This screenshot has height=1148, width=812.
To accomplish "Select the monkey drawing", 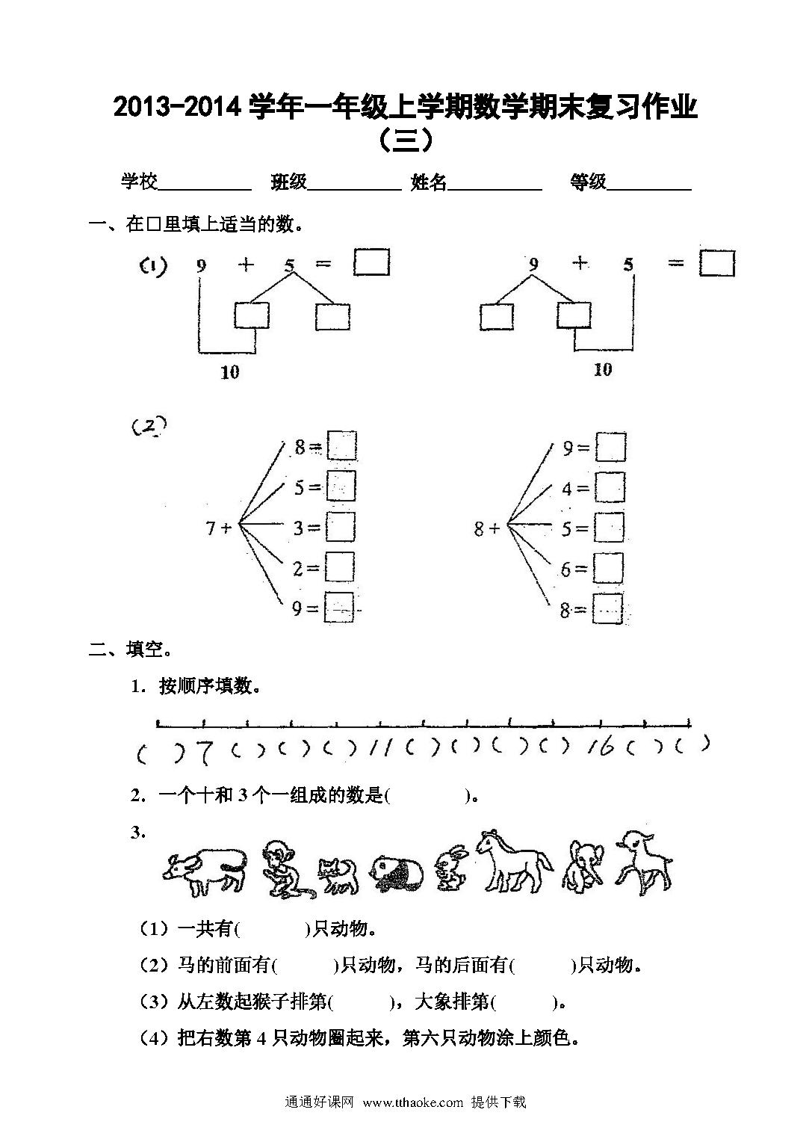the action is (285, 870).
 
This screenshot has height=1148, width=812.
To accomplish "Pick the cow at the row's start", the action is (205, 872).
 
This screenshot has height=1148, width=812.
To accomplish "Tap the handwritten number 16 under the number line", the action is (601, 747).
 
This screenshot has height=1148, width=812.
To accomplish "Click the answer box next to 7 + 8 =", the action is (341, 446).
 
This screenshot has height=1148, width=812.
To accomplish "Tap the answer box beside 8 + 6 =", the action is (609, 568).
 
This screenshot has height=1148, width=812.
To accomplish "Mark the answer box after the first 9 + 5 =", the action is (371, 262).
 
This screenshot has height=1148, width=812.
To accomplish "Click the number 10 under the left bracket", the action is (230, 372).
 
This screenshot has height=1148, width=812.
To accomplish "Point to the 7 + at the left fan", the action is (219, 528).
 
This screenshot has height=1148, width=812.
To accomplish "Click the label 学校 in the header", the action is (140, 182).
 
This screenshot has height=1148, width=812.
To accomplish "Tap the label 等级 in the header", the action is (589, 182).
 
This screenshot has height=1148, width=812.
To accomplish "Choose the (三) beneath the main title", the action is (406, 140).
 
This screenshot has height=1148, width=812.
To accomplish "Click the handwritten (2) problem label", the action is (149, 425).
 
